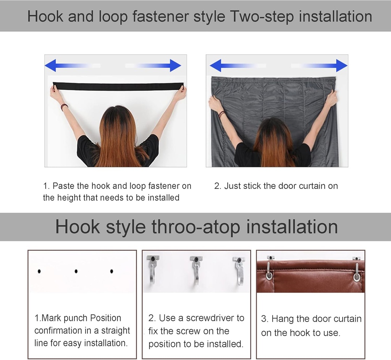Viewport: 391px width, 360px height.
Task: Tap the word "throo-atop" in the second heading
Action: (196, 227)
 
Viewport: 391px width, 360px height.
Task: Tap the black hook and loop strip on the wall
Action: (118, 86)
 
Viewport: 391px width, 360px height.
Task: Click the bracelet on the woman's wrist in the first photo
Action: (64, 107)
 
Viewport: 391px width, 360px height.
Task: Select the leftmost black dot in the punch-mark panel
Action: (39, 271)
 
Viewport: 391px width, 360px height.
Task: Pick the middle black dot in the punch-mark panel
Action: (76, 271)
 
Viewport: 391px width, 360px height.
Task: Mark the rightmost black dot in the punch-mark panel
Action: (111, 271)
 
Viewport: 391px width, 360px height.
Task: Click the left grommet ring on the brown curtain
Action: (269, 274)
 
